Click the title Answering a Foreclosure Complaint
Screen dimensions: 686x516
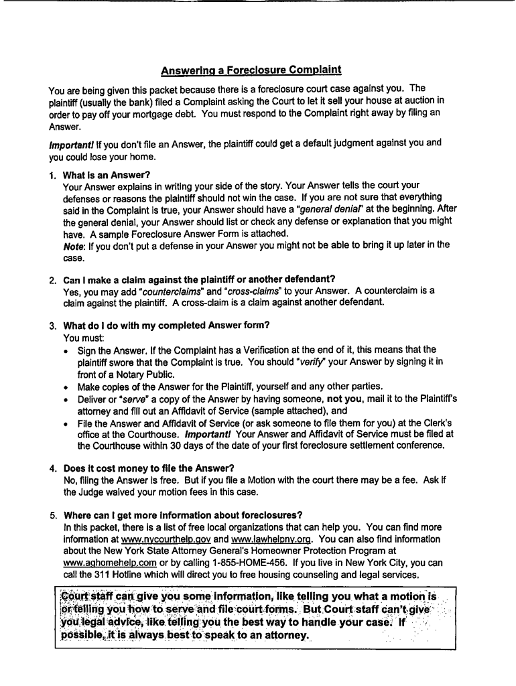coord(251,70)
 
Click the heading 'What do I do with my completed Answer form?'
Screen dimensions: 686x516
coord(166,326)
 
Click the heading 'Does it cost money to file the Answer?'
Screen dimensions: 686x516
coord(149,468)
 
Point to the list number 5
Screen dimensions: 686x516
coord(52,514)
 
